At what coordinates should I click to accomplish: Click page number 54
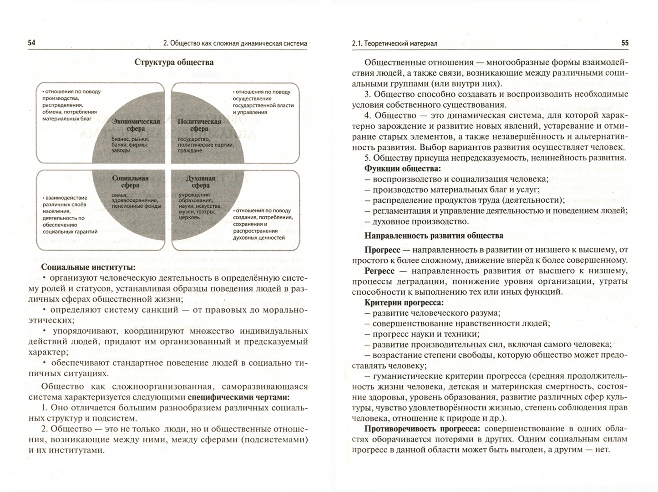point(32,43)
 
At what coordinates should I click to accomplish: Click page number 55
point(624,43)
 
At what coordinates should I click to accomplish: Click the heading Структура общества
point(174,62)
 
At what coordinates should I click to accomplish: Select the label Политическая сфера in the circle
point(199,125)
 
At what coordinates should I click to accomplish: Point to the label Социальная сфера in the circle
point(130,182)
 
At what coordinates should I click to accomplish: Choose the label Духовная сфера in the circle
point(201,182)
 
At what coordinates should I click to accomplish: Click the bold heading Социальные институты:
point(88,267)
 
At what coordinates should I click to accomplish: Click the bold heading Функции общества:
point(403,168)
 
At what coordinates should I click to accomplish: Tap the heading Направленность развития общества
point(434,236)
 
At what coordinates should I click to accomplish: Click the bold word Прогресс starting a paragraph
point(382,250)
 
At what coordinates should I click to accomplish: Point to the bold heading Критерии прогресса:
point(404,302)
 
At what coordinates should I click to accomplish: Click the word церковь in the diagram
point(189,217)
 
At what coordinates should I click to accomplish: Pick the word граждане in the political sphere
point(190,150)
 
